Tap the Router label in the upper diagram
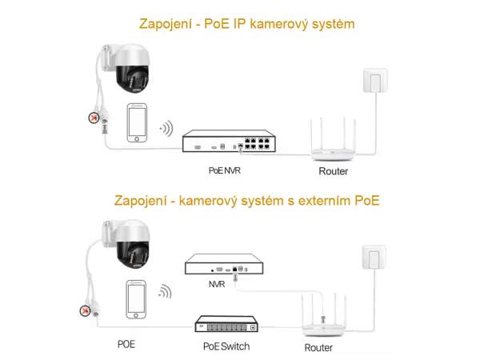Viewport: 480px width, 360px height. pyautogui.click(x=333, y=170)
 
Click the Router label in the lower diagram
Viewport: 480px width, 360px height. pyautogui.click(x=319, y=349)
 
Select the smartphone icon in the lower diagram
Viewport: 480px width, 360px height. pyautogui.click(x=137, y=299)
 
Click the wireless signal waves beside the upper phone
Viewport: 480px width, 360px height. pyautogui.click(x=166, y=127)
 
